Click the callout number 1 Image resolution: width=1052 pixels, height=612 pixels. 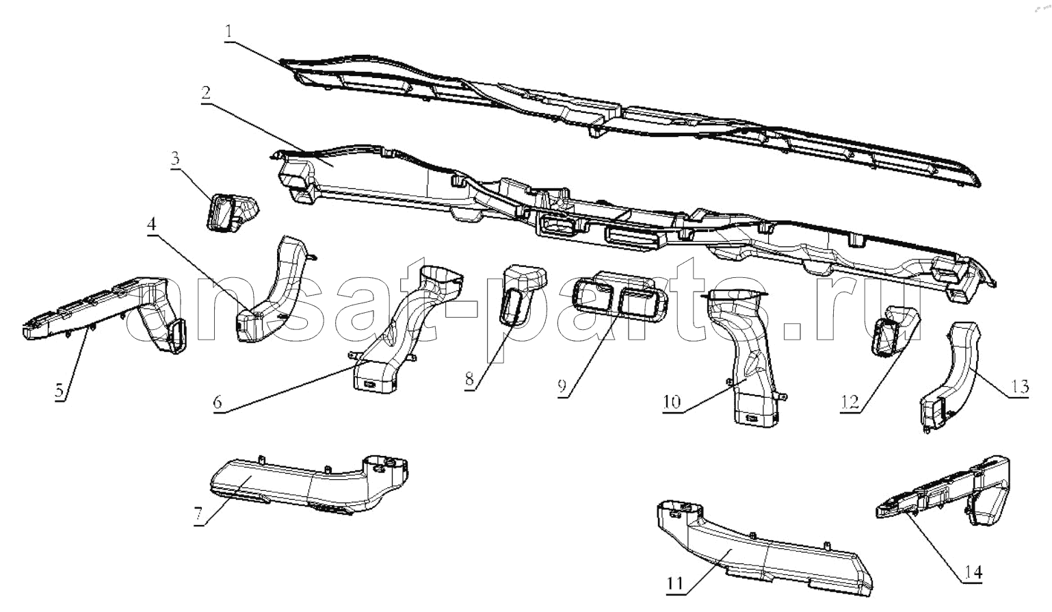(228, 32)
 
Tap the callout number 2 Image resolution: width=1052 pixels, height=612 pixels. (205, 93)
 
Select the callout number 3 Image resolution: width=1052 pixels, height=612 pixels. (175, 158)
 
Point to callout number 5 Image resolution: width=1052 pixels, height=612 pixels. (60, 391)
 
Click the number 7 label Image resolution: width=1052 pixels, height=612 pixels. (199, 515)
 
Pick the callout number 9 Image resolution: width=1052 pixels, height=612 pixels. (562, 386)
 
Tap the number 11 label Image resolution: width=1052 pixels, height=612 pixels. (674, 584)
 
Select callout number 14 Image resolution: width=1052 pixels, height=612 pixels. (973, 572)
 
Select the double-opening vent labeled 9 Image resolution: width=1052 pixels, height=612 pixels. (620, 296)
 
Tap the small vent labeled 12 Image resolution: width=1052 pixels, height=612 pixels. (895, 331)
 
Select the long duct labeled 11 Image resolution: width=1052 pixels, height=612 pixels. (761, 550)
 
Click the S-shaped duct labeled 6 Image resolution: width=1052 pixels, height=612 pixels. (404, 329)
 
